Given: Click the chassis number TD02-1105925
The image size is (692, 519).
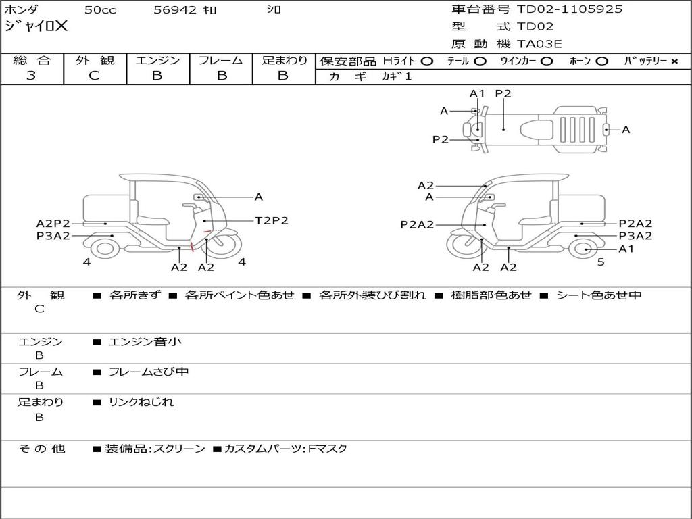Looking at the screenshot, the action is point(570,9).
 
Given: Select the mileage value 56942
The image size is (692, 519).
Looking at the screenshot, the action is point(175,10).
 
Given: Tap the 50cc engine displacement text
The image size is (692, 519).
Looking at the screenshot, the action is point(99,10).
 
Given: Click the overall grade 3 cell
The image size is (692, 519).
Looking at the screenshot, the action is point(31,76).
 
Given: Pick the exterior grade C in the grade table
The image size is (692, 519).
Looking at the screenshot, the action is point(94,76).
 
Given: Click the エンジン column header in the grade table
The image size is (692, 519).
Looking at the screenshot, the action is point(157,60).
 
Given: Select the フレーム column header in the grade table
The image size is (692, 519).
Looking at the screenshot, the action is point(220,60).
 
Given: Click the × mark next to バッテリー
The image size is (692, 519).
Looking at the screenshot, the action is point(674,61).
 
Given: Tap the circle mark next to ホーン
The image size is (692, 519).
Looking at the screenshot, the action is point(601,61).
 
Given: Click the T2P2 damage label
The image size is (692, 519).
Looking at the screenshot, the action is point(271,220).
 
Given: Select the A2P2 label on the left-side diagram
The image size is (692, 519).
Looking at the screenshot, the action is point(53,224).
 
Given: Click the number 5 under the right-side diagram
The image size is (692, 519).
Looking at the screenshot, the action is point(601,262).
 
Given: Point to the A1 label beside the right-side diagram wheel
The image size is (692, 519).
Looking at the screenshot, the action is point(626,249).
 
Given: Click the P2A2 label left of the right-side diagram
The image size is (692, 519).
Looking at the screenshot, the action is point(417,224).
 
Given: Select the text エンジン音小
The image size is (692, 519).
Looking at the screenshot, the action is point(145,342).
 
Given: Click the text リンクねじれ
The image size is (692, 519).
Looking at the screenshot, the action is point(141,402).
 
